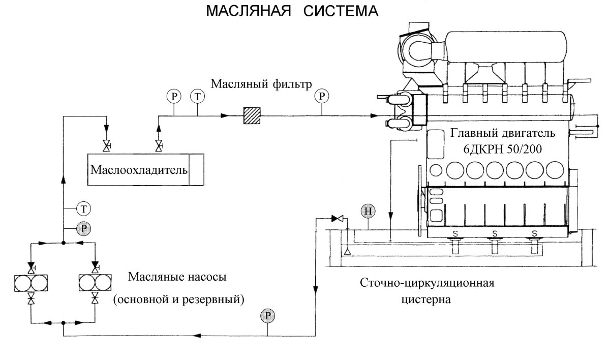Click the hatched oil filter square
click(251, 115)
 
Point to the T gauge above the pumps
click(83, 208)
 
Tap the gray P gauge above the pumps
click(83, 229)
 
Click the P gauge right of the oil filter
click(321, 95)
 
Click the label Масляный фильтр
click(260, 83)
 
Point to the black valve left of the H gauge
click(337, 219)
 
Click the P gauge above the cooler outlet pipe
click(173, 95)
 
